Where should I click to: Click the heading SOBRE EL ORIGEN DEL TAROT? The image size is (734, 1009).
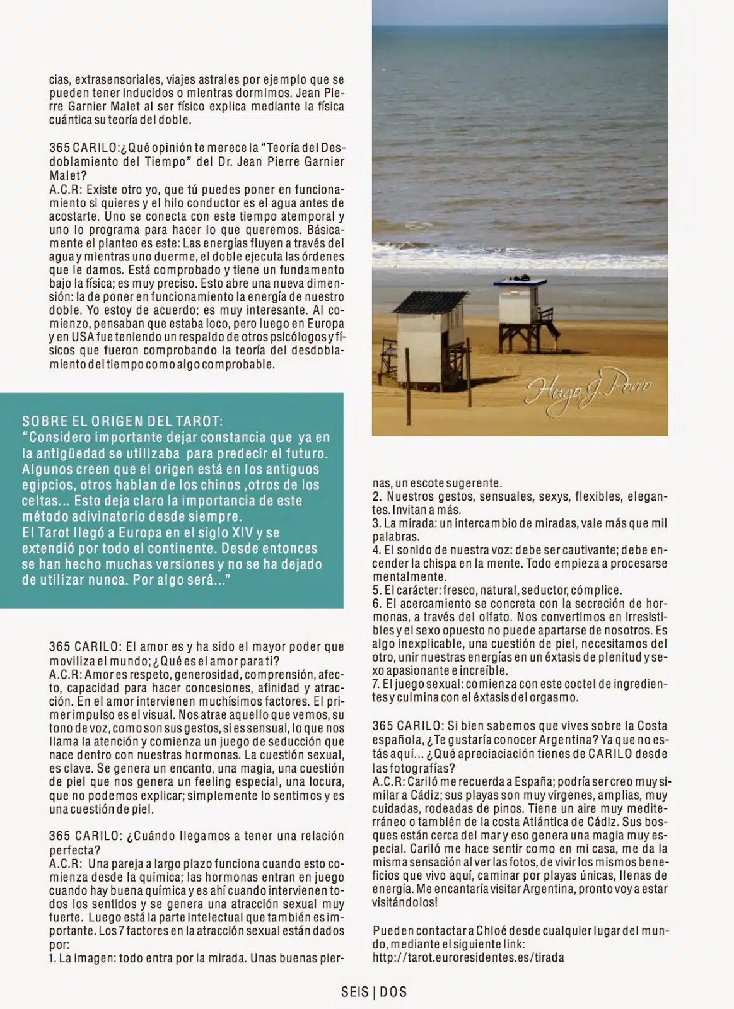[x=122, y=421]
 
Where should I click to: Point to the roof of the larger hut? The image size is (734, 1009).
[x=431, y=301]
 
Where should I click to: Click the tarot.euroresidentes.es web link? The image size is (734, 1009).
[x=468, y=958]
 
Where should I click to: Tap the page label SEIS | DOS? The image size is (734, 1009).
[x=374, y=992]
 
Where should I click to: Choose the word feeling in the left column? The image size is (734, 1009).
[x=195, y=782]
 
